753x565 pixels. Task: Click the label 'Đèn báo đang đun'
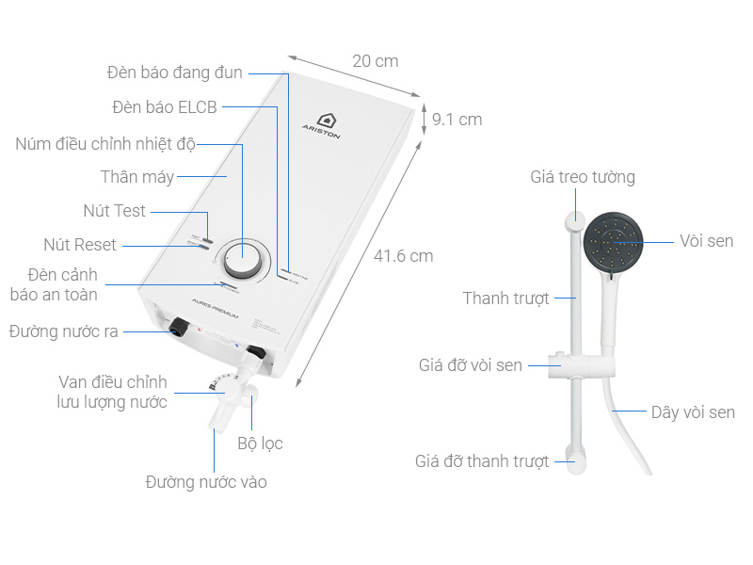coord(175,73)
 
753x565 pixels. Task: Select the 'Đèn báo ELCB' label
coord(165,107)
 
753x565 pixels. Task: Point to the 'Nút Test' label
coord(115,210)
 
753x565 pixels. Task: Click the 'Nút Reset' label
coord(80,245)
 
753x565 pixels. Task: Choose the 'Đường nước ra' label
coord(65,331)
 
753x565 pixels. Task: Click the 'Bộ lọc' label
coord(260,443)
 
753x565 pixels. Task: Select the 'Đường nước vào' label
coord(206,482)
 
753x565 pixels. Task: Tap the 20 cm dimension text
coord(376,61)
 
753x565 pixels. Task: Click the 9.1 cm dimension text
coord(457,120)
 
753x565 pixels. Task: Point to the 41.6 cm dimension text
coord(404,255)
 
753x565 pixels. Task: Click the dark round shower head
coord(614,241)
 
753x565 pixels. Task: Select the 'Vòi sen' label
coord(706,241)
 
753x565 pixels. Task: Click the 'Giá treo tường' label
coord(583,177)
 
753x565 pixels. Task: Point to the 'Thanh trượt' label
coord(505,299)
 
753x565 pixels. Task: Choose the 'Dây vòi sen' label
coord(693,412)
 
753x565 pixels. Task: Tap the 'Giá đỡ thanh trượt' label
coord(482,461)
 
